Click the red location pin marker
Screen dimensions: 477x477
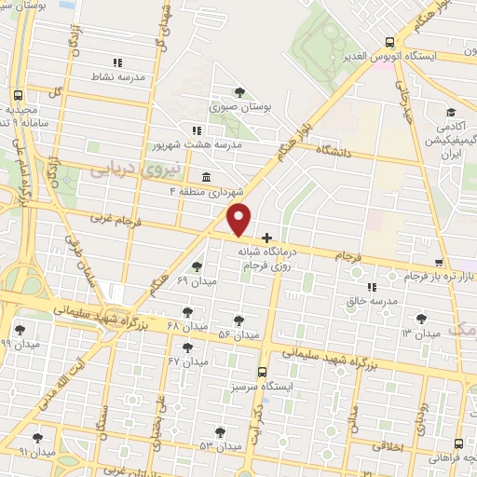click(239, 220)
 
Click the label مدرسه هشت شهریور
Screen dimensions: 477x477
click(198, 145)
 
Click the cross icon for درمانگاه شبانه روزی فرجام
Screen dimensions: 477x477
click(267, 238)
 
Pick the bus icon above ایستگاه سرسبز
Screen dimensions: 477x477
click(263, 371)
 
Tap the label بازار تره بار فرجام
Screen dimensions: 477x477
click(439, 277)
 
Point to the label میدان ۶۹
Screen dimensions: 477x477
click(196, 280)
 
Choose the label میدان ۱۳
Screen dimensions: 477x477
click(420, 334)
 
